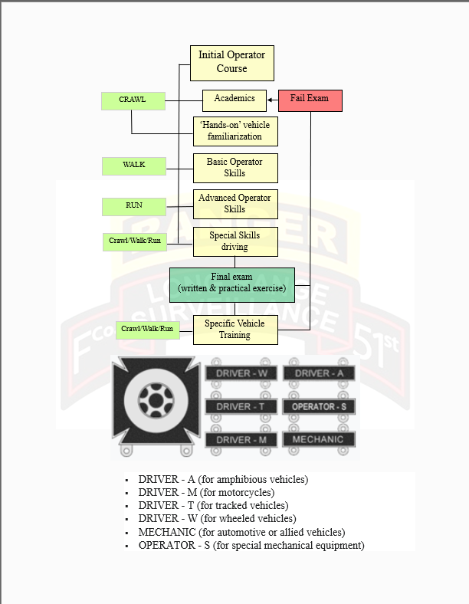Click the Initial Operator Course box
click(232, 63)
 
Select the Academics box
click(235, 100)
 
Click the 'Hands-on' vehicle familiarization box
click(235, 131)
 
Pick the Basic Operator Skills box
click(235, 168)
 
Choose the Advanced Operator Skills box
click(235, 204)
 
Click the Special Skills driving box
click(235, 241)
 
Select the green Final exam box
click(232, 283)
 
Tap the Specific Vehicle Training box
click(235, 330)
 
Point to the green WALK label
click(133, 166)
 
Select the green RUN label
click(133, 206)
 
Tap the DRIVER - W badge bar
click(241, 373)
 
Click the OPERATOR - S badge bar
click(319, 406)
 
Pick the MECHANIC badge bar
click(319, 440)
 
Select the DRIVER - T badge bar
click(241, 406)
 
